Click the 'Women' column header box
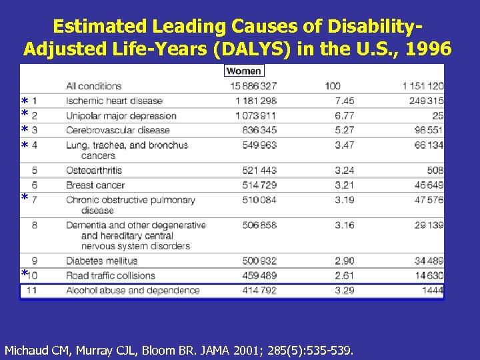[x=244, y=71]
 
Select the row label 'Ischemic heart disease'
[x=114, y=101]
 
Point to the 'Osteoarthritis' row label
[x=94, y=170]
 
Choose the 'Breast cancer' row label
[x=95, y=185]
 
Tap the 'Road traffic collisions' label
[x=111, y=275]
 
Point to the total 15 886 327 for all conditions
[x=253, y=86]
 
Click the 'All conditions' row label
[x=94, y=86]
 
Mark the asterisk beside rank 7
[x=25, y=199]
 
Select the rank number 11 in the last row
[x=33, y=290]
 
